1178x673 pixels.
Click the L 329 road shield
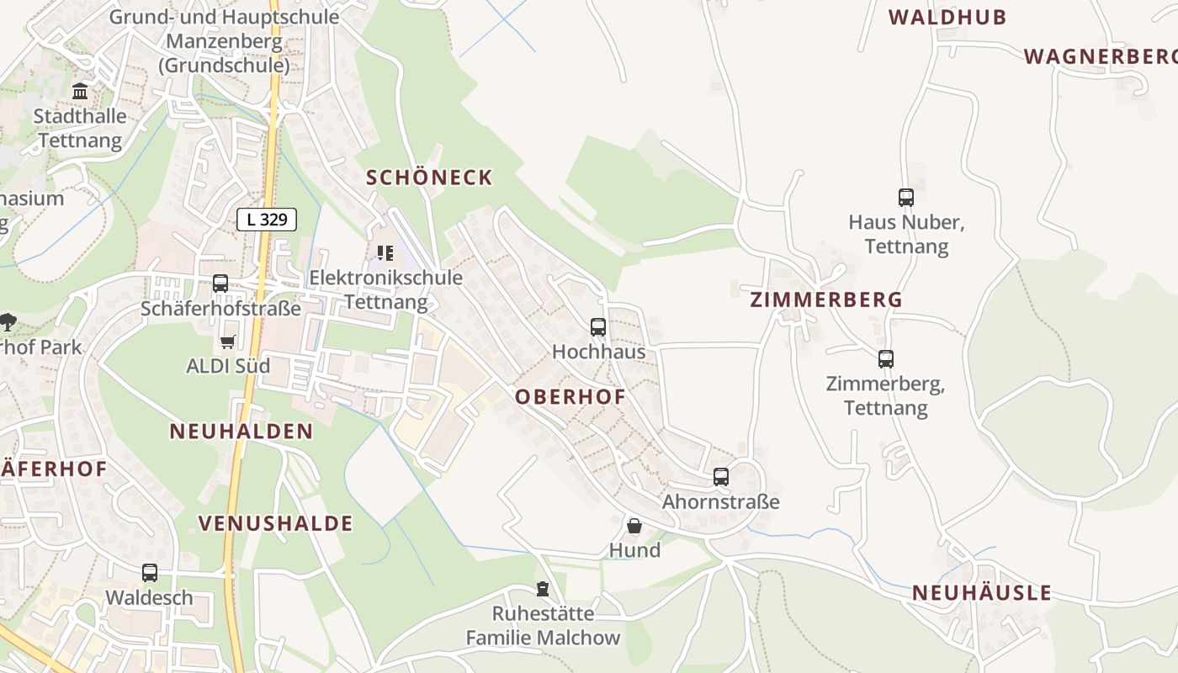[267, 220]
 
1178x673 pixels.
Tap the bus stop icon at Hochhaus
[597, 326]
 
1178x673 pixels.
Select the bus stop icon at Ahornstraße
[720, 477]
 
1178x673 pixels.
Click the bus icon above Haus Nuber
[905, 198]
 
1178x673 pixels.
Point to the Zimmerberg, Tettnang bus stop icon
[885, 359]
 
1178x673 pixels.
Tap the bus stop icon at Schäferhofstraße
[220, 284]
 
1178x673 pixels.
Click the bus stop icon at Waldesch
[149, 573]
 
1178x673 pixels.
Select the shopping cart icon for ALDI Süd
[227, 342]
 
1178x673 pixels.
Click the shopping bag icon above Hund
[634, 526]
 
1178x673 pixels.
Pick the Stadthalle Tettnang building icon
[80, 91]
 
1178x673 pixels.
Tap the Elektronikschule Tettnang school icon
[385, 252]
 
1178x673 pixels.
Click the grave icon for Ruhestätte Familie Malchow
[543, 589]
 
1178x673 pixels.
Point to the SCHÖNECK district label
[429, 178]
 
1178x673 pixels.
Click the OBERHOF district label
[570, 397]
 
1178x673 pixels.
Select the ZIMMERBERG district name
[825, 299]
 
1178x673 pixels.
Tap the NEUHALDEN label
[241, 432]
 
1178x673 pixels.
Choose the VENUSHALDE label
[275, 523]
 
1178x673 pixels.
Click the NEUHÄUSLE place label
[981, 593]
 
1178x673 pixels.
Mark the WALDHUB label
[947, 17]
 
